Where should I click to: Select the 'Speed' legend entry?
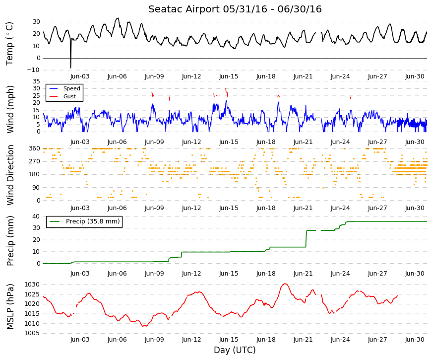coord(64,88)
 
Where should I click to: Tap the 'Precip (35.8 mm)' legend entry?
coord(84,221)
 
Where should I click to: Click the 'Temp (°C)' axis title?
coord(9,44)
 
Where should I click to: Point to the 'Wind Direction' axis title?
coord(10,175)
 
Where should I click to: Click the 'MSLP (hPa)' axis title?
coord(10,307)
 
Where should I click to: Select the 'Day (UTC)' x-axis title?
coord(235,350)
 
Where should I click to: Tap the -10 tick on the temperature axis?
coord(33,70)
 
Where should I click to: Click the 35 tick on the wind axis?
coord(36,81)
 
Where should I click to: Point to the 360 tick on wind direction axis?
coord(35,148)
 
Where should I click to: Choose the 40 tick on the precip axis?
coord(36,216)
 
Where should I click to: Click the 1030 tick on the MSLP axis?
coord(33,285)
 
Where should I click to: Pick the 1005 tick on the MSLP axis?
coord(33,333)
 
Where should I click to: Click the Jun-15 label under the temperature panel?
coord(229,76)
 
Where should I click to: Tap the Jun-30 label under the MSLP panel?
coord(415,340)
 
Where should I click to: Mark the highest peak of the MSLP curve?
coord(285,284)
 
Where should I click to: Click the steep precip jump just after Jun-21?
coord(306,239)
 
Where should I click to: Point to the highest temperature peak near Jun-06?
coord(118,18)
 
